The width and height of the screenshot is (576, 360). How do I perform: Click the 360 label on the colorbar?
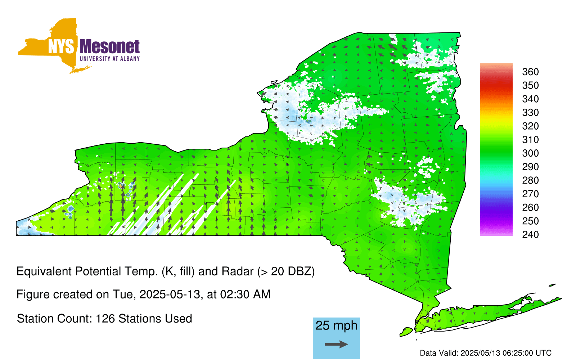click(530, 72)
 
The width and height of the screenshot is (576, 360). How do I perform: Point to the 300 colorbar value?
click(530, 153)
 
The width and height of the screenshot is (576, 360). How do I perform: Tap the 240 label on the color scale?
click(530, 234)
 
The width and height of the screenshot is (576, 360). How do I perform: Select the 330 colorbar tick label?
click(530, 112)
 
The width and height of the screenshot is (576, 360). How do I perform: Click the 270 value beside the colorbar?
click(530, 194)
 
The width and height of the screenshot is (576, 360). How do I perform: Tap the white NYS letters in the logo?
click(61, 46)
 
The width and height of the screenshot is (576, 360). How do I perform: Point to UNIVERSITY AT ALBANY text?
click(110, 59)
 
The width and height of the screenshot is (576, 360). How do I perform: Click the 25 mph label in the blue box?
click(336, 326)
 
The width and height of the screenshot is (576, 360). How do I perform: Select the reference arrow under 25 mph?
click(336, 344)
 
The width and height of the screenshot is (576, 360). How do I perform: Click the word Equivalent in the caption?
click(44, 271)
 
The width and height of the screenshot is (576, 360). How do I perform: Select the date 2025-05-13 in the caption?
click(170, 294)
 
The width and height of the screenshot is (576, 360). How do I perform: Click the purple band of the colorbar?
click(496, 211)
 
